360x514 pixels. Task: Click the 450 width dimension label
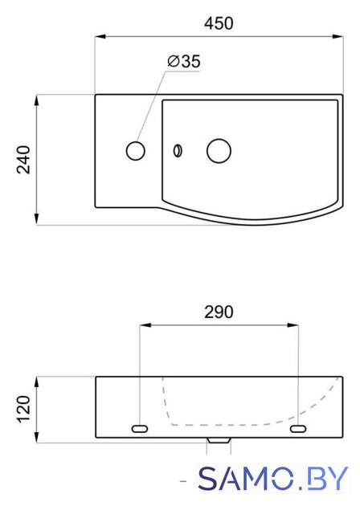[219, 23]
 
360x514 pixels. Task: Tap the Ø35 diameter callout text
[184, 61]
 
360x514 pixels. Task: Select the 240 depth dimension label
[24, 160]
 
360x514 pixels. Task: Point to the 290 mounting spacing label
[219, 312]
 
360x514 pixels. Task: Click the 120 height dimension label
[24, 410]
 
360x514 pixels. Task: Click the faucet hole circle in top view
[136, 151]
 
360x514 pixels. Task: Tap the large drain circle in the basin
[219, 151]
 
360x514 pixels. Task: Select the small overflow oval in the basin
[178, 151]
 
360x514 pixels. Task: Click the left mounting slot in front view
[140, 428]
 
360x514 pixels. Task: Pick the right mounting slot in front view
[298, 428]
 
